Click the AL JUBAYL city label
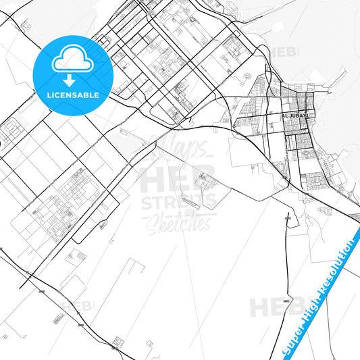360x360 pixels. pos(297,116)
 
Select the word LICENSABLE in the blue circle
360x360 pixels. pos(73,95)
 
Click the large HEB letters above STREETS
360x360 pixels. pos(177,178)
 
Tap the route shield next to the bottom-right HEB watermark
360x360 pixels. pos(286,301)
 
